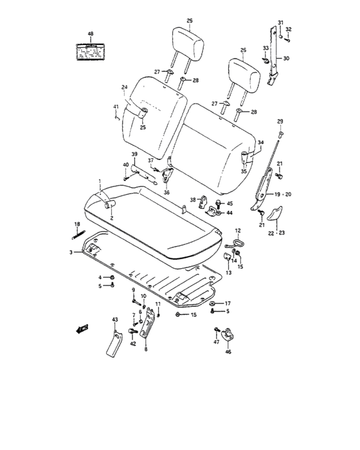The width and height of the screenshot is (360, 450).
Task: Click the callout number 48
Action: tap(90, 33)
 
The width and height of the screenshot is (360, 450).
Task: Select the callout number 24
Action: tap(125, 87)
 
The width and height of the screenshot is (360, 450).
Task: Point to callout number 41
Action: tap(116, 106)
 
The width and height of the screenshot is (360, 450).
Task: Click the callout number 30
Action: tap(286, 59)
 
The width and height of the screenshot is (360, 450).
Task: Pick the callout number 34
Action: tap(260, 143)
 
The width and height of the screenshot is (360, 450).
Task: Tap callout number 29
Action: tap(280, 122)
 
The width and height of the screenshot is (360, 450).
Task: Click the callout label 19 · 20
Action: tap(283, 193)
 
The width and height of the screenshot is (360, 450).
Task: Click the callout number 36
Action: tap(166, 192)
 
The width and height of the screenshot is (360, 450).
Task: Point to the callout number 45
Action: tap(230, 203)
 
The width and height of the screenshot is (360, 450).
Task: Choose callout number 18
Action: tap(76, 224)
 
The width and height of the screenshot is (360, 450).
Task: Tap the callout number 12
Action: tap(237, 230)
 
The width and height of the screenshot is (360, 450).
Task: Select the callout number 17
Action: tap(228, 303)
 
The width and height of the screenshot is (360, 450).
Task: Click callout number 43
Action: tap(115, 319)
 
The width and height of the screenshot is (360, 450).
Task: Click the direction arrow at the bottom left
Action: tap(82, 329)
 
